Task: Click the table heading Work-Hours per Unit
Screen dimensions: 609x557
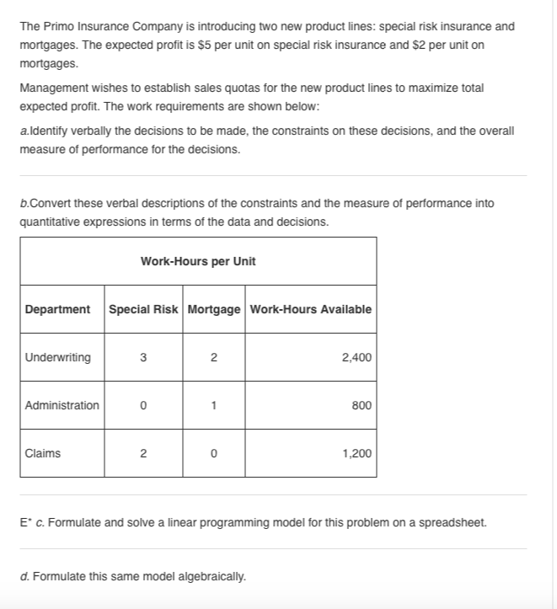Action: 198,261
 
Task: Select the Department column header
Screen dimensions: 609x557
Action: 57,309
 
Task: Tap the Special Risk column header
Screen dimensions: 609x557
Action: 143,309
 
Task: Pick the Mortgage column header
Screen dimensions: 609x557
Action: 214,309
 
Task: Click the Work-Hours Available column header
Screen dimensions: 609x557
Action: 311,309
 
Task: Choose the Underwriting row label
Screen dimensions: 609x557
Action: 58,357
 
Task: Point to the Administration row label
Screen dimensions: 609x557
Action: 62,405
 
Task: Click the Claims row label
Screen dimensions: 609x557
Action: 43,453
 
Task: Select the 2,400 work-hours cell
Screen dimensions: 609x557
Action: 356,357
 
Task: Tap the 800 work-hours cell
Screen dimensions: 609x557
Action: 362,405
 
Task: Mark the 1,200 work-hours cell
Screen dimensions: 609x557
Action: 356,453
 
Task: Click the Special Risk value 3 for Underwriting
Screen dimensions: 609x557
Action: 143,357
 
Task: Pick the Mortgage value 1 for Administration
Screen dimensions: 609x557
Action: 214,405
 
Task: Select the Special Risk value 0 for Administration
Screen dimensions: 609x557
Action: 143,405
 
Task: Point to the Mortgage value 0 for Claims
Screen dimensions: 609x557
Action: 214,453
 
